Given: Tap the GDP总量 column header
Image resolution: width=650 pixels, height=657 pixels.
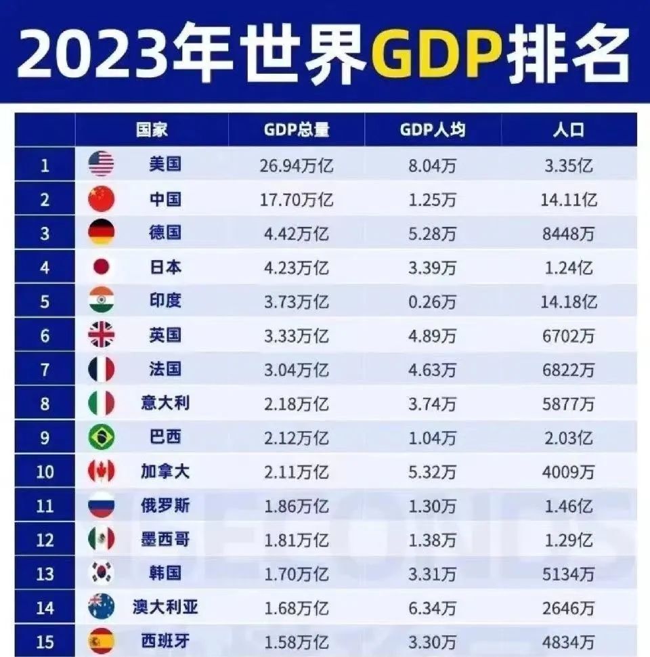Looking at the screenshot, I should [x=297, y=129].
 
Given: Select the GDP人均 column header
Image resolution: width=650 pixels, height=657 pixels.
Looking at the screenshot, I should [x=433, y=129].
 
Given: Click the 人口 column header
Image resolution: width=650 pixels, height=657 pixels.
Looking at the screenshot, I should [x=568, y=129].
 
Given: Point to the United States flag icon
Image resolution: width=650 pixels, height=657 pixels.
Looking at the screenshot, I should [x=102, y=165].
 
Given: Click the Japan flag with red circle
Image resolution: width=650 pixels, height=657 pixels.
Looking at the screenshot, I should [x=102, y=267].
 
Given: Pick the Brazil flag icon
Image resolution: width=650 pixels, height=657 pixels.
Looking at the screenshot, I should [x=102, y=437].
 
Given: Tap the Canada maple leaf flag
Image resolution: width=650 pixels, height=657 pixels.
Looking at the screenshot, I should [x=102, y=471].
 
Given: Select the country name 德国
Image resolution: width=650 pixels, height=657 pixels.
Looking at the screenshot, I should [x=165, y=233].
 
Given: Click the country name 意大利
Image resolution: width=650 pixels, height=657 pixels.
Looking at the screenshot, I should [x=165, y=403].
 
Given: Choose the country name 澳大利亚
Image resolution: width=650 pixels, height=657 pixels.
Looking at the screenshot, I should [x=165, y=607].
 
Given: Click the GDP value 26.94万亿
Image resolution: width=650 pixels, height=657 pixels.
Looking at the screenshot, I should [x=297, y=165].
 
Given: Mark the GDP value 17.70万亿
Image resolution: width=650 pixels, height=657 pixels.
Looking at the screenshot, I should [x=297, y=199].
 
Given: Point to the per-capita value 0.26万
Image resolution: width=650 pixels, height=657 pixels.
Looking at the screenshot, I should [x=433, y=301].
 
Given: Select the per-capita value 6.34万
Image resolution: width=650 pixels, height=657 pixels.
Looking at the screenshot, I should [x=433, y=607].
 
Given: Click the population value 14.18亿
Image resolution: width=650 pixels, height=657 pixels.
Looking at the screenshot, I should [x=568, y=301].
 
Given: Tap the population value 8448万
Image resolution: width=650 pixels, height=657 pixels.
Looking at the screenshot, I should [x=568, y=233].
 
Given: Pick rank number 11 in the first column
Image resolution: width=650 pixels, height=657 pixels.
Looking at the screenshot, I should [x=45, y=505].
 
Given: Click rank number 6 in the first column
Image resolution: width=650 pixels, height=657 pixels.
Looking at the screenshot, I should [x=45, y=335].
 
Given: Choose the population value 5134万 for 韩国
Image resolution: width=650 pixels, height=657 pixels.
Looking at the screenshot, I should [x=568, y=573].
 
